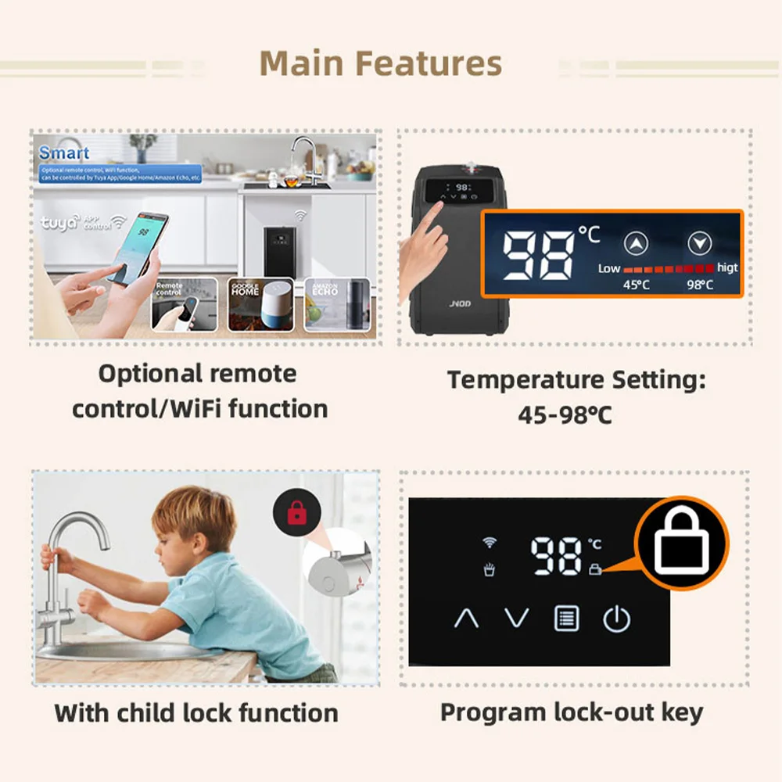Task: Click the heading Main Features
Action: tap(380, 63)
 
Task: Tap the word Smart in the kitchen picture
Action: tap(64, 152)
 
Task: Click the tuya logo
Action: tap(60, 223)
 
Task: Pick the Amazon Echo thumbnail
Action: tap(325, 304)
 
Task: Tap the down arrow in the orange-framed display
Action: tap(698, 245)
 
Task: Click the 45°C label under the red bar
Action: tap(635, 285)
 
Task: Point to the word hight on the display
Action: tap(727, 267)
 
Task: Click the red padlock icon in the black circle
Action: tap(296, 513)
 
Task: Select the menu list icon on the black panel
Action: tap(567, 619)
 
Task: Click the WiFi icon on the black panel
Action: tap(490, 542)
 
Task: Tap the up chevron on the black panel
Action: tap(466, 619)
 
